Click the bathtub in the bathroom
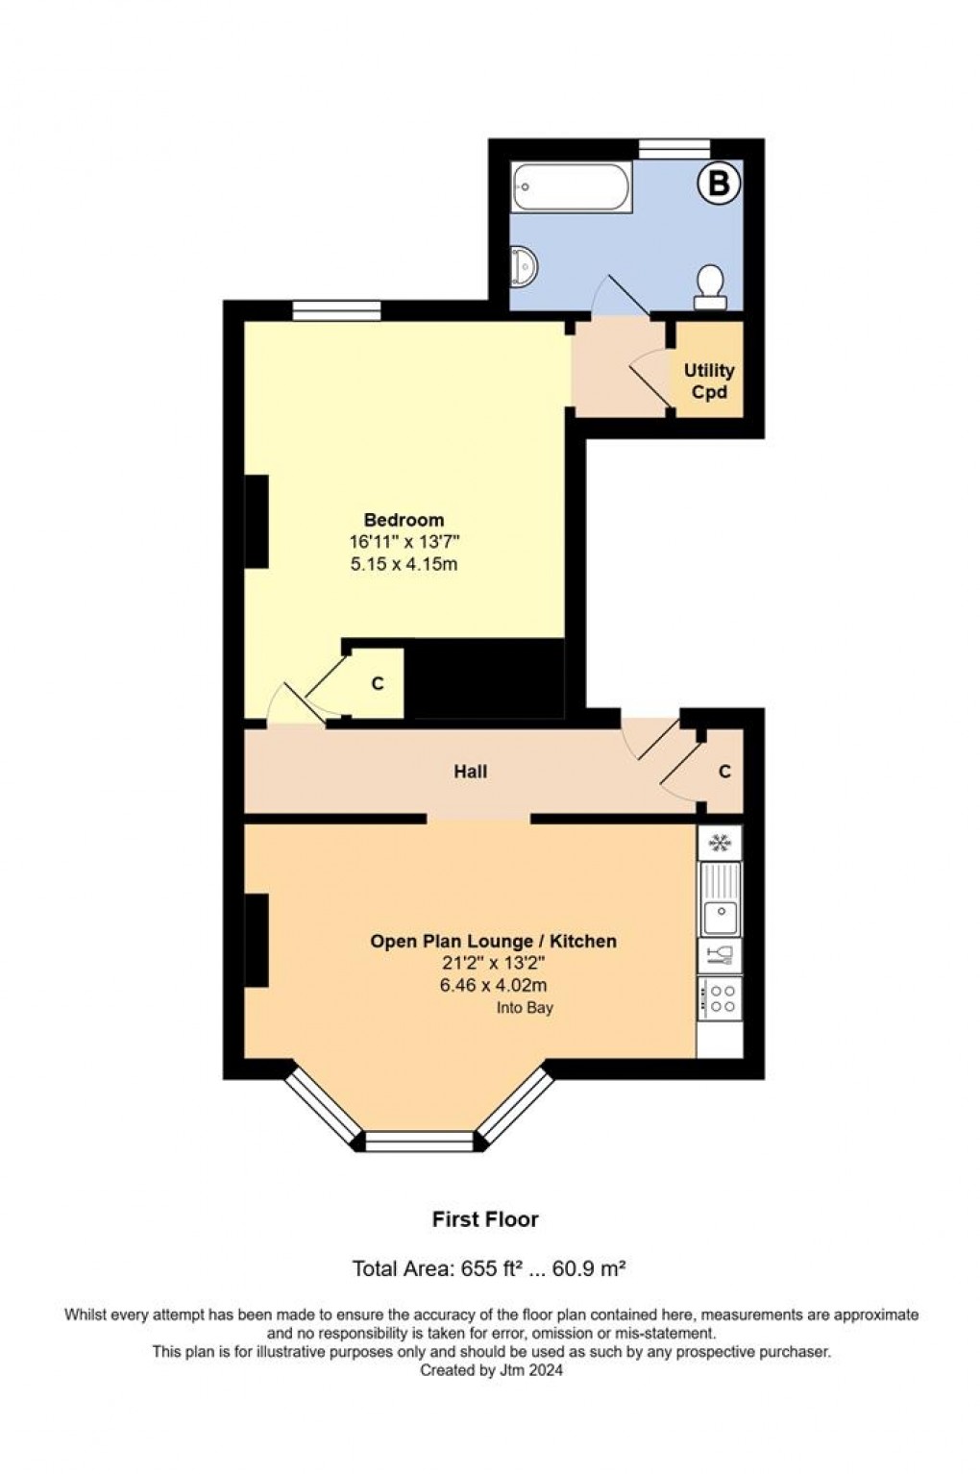click(572, 187)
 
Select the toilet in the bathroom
click(710, 286)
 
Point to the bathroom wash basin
click(525, 266)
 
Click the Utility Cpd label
click(709, 381)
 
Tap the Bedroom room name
click(404, 521)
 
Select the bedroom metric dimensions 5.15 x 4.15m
click(404, 564)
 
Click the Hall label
click(471, 772)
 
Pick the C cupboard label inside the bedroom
click(378, 684)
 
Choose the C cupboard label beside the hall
click(724, 772)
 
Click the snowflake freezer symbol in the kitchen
click(719, 844)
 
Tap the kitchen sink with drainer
click(719, 899)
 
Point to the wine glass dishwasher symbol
click(719, 955)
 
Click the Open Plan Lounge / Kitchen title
click(493, 942)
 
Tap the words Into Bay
click(525, 1008)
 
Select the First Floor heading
click(485, 1219)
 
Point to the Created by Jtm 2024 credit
click(491, 1371)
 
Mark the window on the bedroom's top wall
click(336, 310)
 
